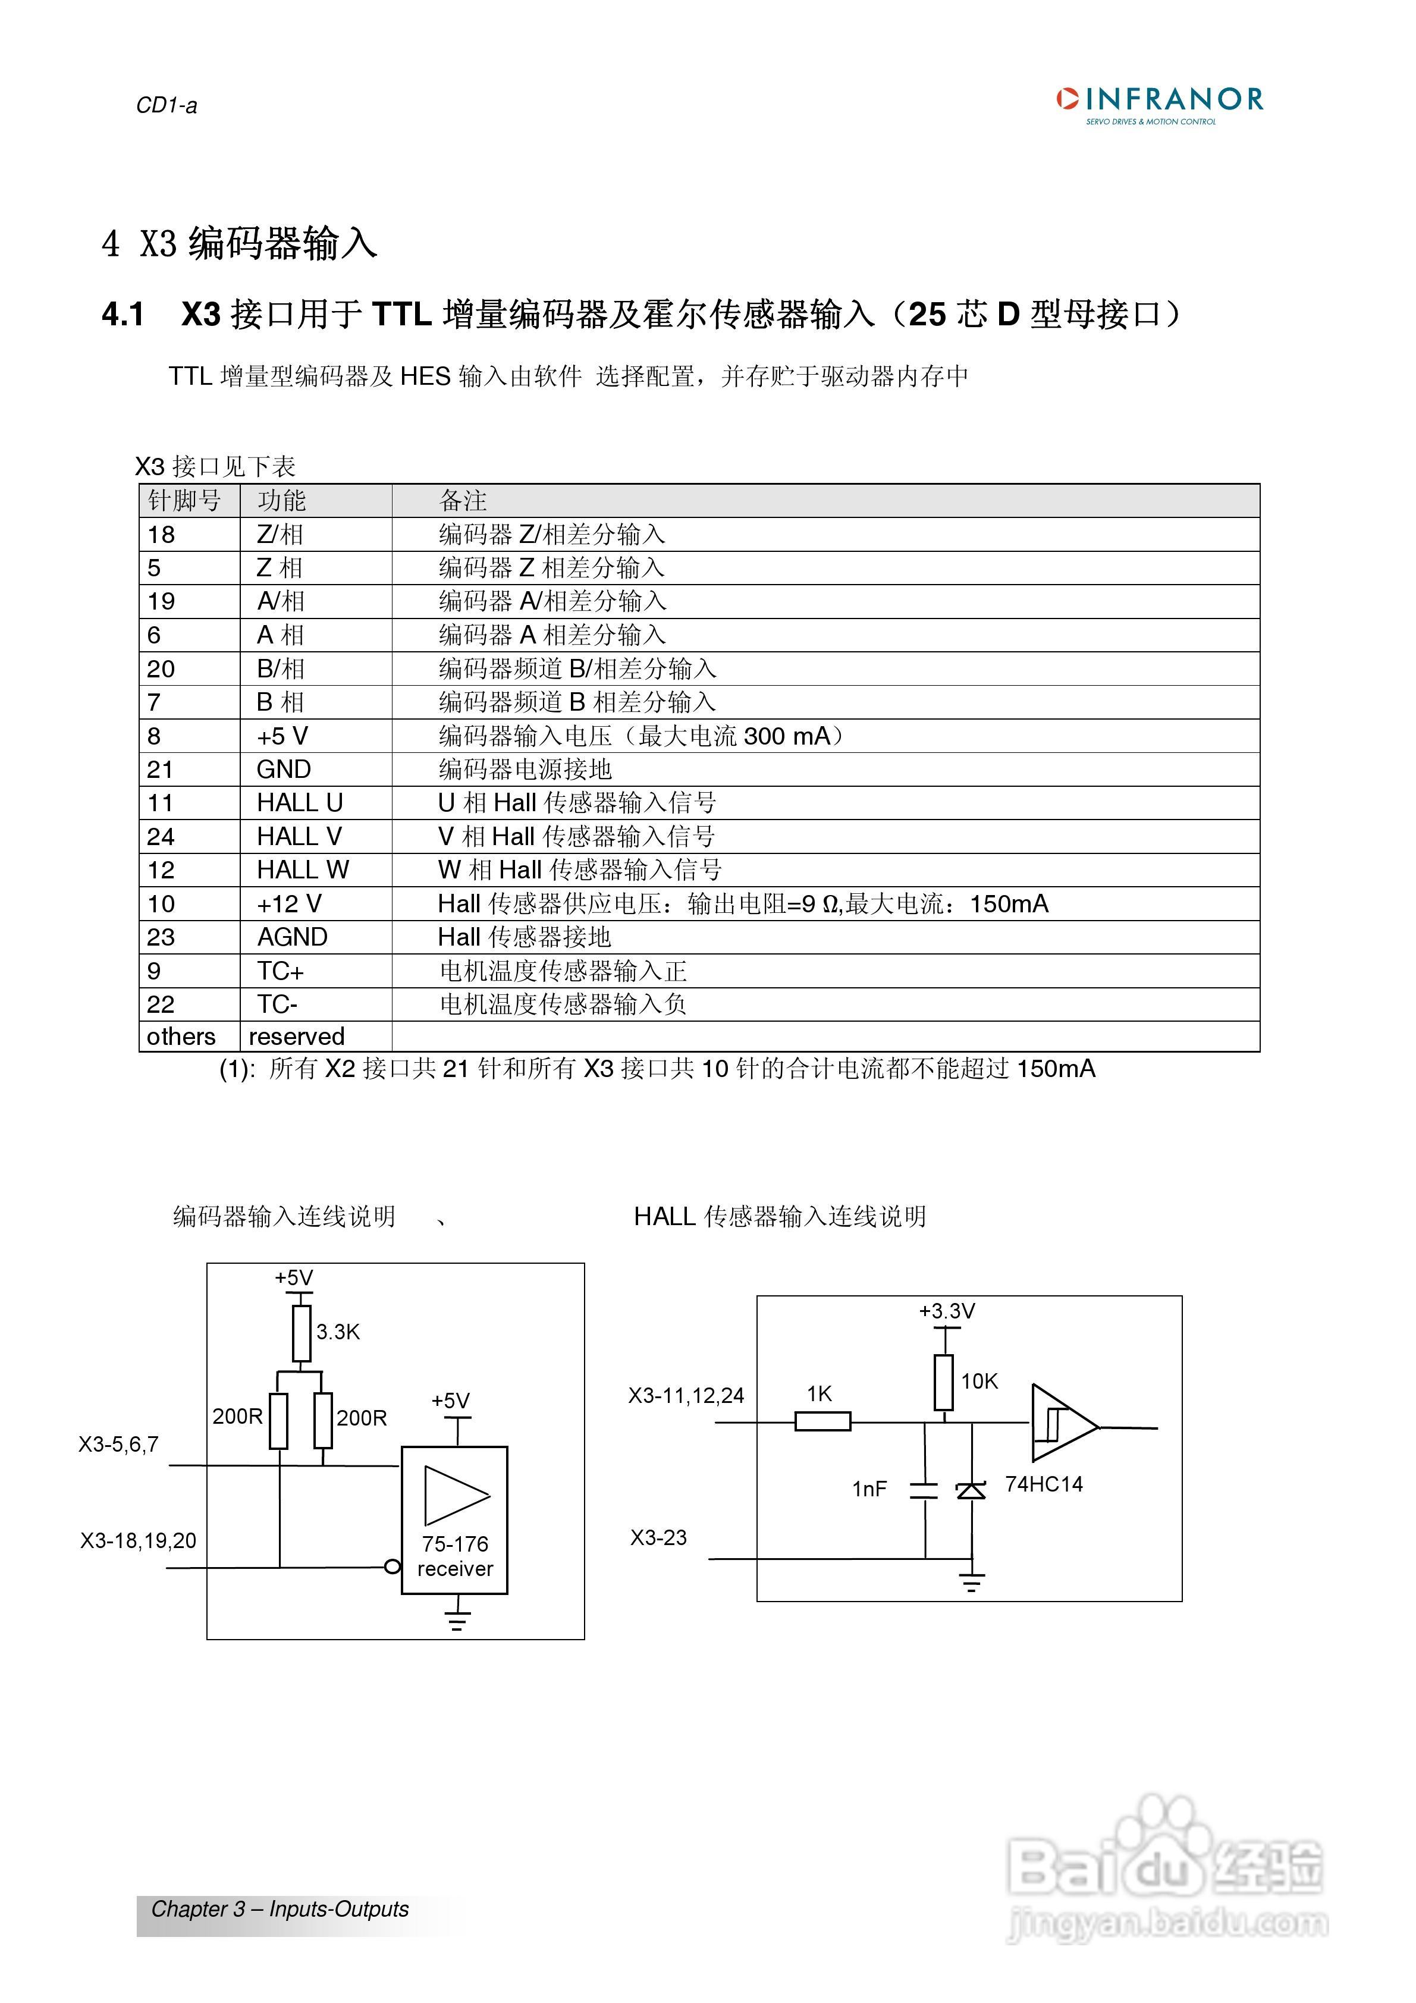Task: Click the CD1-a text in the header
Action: click(167, 105)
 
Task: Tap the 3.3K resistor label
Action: click(338, 1332)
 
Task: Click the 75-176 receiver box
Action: click(454, 1521)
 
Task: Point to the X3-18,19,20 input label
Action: click(138, 1541)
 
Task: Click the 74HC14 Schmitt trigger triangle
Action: click(1062, 1423)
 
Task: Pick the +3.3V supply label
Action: click(947, 1311)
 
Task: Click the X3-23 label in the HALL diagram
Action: click(659, 1537)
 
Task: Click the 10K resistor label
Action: click(979, 1381)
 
